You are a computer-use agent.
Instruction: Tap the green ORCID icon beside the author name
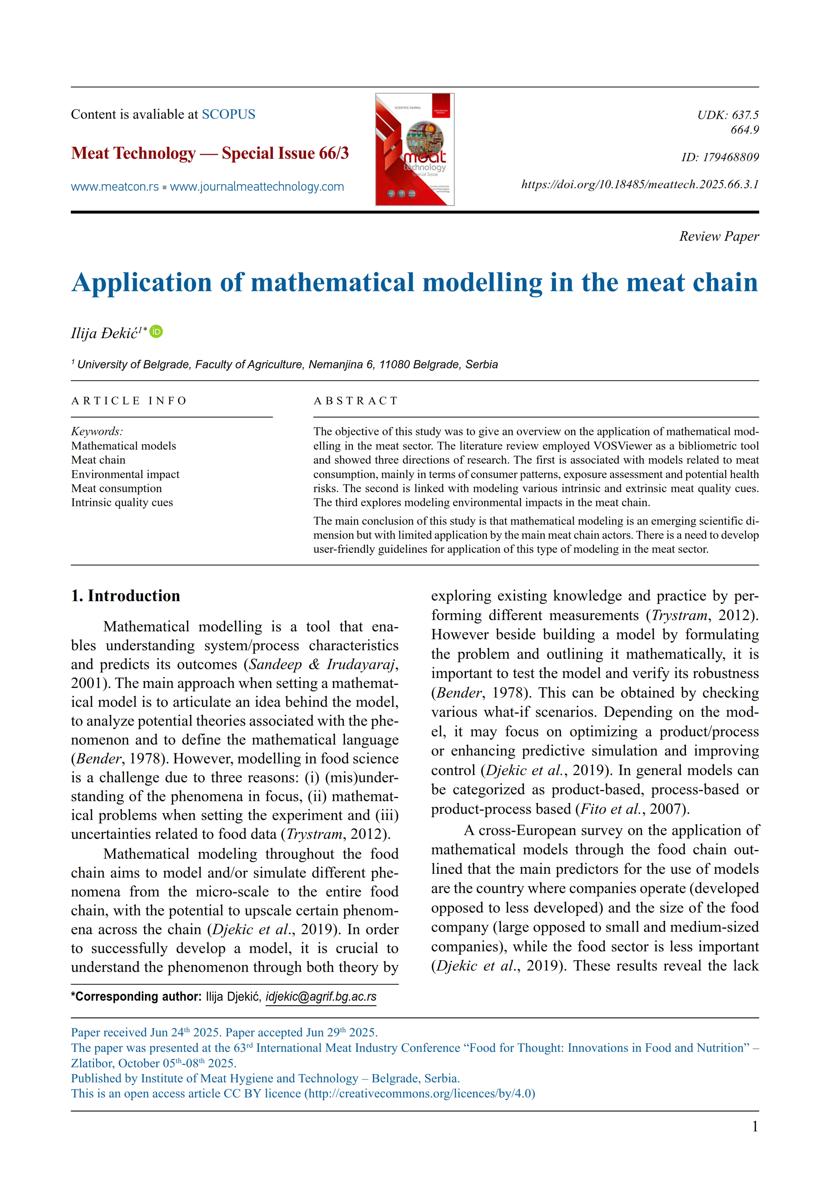point(156,332)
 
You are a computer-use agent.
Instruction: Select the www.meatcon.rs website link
point(115,187)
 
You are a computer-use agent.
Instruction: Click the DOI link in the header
point(640,185)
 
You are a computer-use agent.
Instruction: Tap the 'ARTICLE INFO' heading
point(129,401)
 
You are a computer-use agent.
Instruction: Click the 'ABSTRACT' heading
point(356,401)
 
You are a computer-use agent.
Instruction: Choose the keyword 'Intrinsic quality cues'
point(122,502)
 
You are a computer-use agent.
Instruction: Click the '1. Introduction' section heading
point(126,596)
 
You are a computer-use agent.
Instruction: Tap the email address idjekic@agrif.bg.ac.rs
point(321,997)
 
